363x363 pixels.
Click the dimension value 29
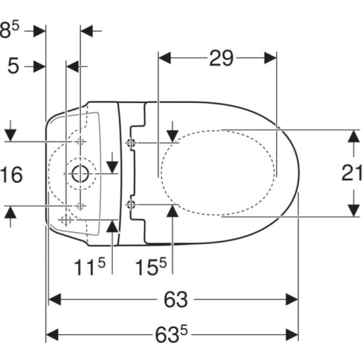point(221,58)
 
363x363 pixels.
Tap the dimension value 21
point(352,173)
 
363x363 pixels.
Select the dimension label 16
point(11,174)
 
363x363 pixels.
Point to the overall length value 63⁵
point(172,335)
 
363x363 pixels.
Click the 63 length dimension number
point(176,300)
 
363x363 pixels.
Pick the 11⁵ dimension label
point(90,267)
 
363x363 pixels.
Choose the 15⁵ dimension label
point(151,267)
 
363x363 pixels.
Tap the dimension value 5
point(13,66)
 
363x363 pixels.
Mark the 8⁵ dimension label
point(9,30)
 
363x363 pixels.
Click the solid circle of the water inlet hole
point(81,174)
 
